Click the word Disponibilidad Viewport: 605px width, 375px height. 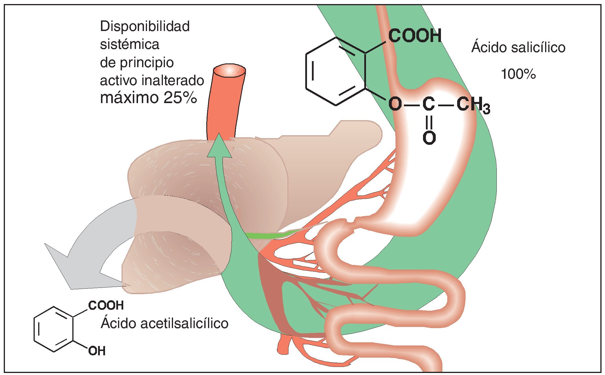(145, 27)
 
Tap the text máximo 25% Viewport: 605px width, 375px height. (148, 98)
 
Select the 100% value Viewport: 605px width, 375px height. (518, 74)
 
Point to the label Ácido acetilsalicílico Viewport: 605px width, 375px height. (164, 323)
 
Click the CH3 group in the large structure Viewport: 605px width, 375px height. (473, 105)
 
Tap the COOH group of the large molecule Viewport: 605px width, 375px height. (415, 36)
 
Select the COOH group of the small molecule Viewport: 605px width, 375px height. (106, 306)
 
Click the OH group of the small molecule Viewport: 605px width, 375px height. (97, 351)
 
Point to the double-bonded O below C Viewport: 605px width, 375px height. (429, 138)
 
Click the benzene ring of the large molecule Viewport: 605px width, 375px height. (336, 71)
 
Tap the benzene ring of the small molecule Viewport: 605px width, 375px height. (54, 329)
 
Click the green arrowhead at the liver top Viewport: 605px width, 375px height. (219, 146)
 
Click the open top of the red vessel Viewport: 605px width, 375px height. (229, 70)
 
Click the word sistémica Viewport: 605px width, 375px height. (130, 45)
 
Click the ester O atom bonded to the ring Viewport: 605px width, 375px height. (395, 104)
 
